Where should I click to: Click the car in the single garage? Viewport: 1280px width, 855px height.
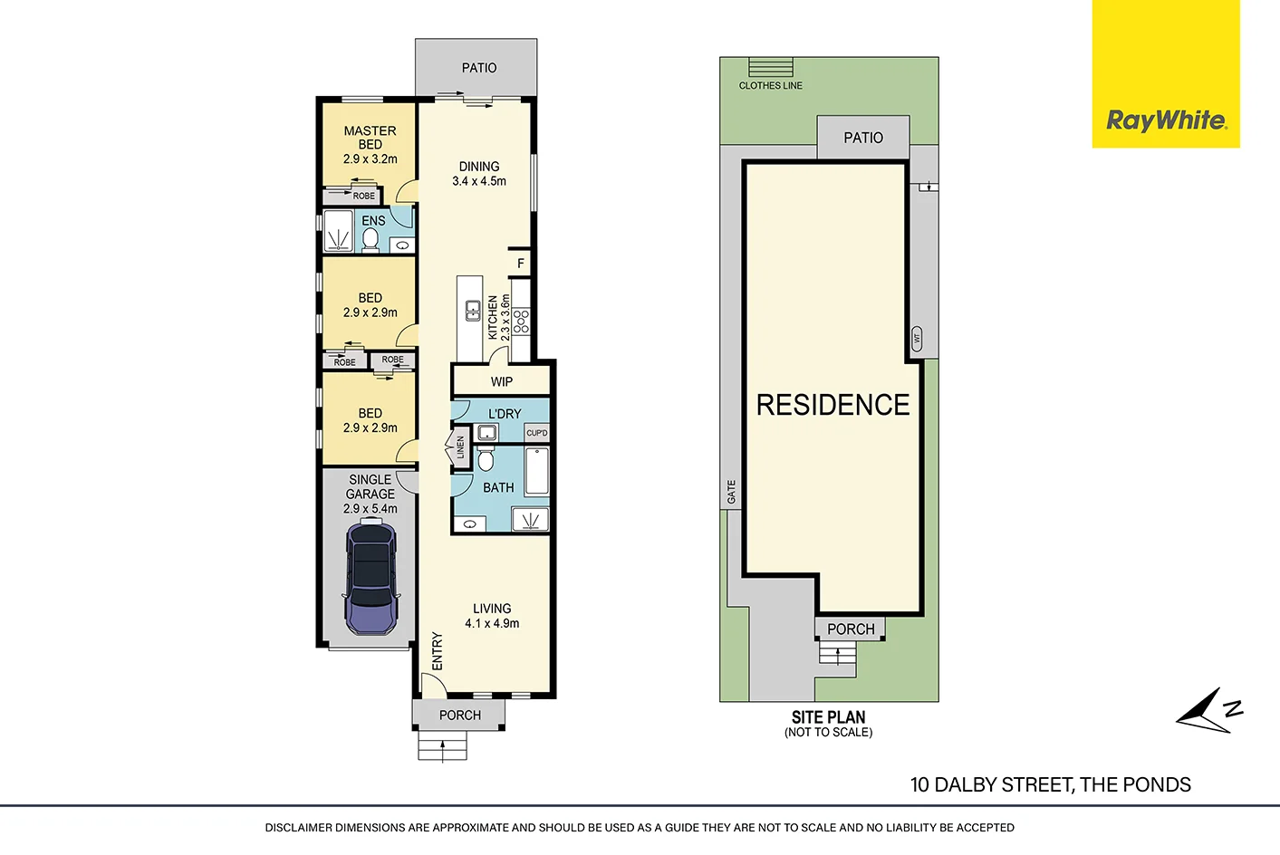[371, 577]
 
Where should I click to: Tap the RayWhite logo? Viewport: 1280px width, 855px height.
[1166, 120]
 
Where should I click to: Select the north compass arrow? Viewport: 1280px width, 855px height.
[1208, 710]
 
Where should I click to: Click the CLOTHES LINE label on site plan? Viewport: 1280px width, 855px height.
[770, 85]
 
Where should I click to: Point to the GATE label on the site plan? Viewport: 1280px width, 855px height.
[732, 492]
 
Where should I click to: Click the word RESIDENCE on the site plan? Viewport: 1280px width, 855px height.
[832, 405]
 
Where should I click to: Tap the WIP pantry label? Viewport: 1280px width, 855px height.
[502, 381]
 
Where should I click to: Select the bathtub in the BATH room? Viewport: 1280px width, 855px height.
[537, 471]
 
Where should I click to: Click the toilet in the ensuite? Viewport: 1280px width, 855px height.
[371, 239]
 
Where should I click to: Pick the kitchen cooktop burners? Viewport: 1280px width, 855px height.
[521, 321]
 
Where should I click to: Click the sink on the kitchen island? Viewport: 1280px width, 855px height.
[473, 311]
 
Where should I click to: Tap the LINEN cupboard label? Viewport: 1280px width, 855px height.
[460, 447]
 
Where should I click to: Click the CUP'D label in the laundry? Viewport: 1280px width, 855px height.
[537, 433]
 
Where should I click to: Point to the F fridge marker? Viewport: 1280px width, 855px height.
[521, 264]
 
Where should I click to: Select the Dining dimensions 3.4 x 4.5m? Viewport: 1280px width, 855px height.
[479, 181]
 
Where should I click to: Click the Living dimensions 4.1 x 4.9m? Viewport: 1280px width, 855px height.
[492, 623]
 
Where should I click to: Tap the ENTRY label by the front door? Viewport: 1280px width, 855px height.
[438, 651]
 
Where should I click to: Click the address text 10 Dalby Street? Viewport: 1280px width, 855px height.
[1050, 784]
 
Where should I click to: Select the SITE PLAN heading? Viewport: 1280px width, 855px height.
[828, 716]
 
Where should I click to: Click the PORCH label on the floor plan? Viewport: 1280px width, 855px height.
[460, 715]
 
